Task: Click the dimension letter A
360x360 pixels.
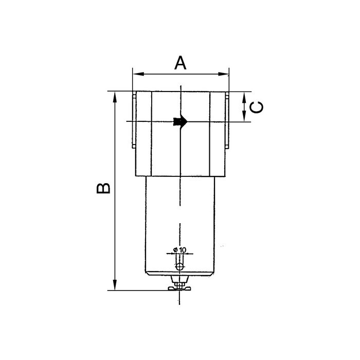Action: pyautogui.click(x=181, y=63)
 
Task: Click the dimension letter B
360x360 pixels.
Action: pyautogui.click(x=103, y=188)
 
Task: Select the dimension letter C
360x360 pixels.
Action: pyautogui.click(x=257, y=106)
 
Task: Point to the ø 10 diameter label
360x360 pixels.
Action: pyautogui.click(x=179, y=249)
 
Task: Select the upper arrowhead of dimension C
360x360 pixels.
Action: pyautogui.click(x=245, y=96)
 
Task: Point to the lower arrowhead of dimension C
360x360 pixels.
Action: pyautogui.click(x=245, y=118)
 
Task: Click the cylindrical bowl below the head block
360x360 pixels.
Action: pyautogui.click(x=179, y=221)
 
